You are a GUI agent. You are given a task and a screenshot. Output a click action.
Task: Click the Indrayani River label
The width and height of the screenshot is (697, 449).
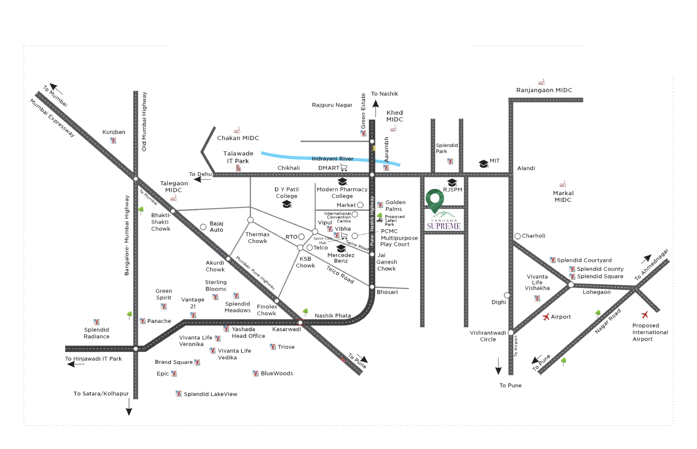point(332,159)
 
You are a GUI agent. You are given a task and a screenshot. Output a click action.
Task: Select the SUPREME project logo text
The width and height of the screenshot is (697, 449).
point(444,226)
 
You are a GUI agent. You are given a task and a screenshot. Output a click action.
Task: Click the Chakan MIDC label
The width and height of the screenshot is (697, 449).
point(238,138)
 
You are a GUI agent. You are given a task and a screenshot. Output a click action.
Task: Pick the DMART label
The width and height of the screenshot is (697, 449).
point(329,168)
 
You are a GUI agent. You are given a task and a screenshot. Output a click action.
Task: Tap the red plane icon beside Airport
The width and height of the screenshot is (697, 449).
point(545,317)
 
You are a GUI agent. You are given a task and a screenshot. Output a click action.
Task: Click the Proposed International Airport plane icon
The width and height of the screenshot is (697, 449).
point(645,315)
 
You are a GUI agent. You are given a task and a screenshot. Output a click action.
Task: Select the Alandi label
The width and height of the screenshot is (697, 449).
point(527,168)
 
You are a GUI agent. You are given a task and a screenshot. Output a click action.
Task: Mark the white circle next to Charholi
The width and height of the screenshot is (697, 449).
point(518,236)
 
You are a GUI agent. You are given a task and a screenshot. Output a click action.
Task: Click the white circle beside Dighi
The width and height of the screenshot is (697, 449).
point(507,295)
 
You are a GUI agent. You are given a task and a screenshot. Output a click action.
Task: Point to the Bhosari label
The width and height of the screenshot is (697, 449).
point(387,292)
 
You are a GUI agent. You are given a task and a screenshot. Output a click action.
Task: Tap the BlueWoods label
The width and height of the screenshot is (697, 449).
point(277,374)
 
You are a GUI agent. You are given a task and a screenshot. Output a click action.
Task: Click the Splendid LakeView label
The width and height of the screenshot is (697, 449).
point(211,394)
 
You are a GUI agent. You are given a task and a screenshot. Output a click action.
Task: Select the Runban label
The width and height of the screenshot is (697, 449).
point(114,132)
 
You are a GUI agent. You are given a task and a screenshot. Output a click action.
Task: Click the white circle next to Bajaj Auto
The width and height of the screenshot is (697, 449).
point(203,227)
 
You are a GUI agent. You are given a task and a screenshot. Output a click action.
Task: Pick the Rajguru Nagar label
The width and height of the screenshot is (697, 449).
point(332,105)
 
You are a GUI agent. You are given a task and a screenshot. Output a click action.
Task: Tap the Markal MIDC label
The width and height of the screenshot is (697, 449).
point(563,196)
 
